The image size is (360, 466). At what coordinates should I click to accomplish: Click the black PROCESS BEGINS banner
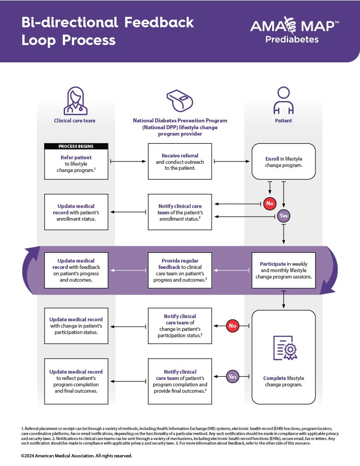pos(76,147)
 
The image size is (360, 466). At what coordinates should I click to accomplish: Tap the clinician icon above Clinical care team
pos(76,101)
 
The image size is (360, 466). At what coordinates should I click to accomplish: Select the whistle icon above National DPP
pos(180,101)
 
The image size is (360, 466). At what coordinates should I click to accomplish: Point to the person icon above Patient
pos(283,101)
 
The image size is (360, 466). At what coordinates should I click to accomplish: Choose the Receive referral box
pos(180,162)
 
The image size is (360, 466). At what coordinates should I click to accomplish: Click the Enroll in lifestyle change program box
pos(284,162)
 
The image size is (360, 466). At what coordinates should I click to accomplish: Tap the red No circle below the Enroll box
pos(270,203)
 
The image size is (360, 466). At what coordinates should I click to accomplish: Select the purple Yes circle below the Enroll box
pos(284,216)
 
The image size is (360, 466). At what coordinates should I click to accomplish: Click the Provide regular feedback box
pos(180,270)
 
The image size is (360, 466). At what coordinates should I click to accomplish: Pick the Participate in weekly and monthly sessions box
pos(284,270)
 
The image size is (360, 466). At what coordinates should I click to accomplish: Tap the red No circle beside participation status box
pos(233,326)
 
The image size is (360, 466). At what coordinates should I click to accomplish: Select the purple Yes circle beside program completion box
pos(233,376)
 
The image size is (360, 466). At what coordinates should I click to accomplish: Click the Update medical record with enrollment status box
pos(76,212)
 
